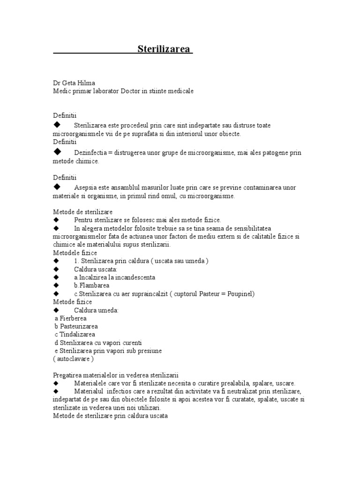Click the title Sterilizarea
point(164,50)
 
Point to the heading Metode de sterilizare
point(82,212)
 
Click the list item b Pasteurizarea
point(76,326)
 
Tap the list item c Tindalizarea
point(75,334)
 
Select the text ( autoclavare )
point(74,359)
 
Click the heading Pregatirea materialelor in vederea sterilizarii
point(116,375)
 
